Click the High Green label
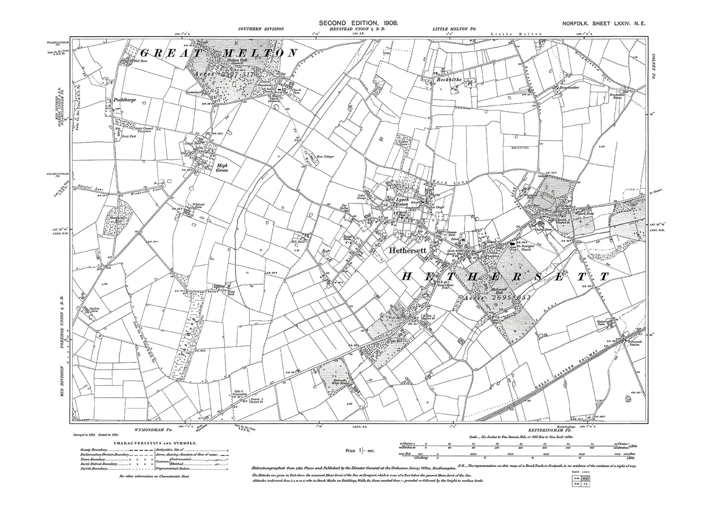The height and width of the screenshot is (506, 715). (x=225, y=168)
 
